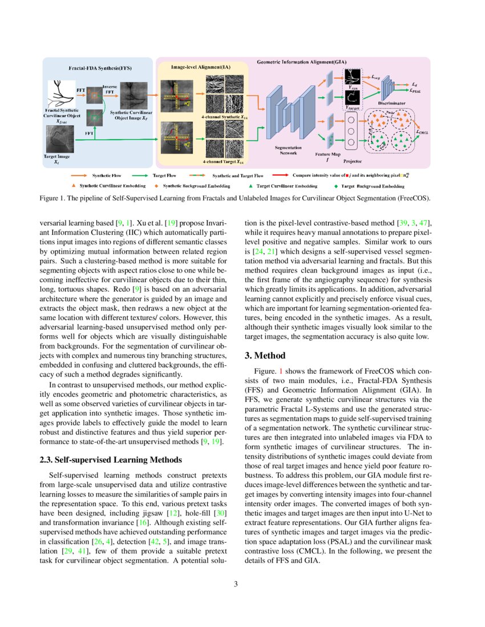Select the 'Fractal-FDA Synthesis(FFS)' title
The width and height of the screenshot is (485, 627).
100,68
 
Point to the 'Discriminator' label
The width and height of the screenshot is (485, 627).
392,104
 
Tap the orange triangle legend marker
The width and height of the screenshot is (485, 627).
74,186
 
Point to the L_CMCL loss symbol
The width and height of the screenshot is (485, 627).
423,132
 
